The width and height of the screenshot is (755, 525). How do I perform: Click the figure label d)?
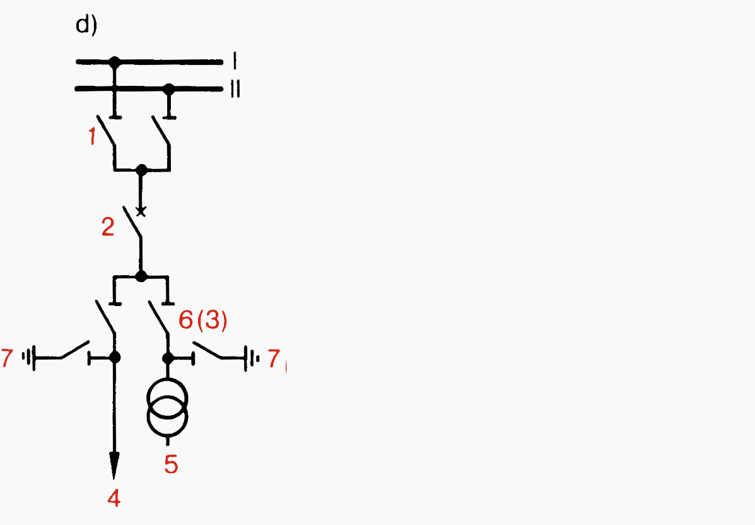click(x=86, y=25)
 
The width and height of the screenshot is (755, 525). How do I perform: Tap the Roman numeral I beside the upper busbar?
click(x=235, y=61)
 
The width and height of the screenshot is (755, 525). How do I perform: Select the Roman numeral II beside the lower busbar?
click(x=235, y=89)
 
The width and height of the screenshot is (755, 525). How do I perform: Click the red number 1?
click(x=93, y=136)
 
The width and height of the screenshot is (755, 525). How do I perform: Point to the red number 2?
click(x=108, y=227)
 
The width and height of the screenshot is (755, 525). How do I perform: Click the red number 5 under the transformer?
click(x=171, y=464)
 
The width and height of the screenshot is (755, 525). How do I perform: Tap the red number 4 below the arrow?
click(x=114, y=498)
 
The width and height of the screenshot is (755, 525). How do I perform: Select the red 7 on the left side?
click(x=7, y=358)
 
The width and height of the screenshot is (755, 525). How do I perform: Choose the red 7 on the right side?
click(x=274, y=358)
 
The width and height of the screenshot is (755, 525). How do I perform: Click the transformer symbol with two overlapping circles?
click(x=168, y=407)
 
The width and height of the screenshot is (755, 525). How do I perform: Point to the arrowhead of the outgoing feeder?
click(x=114, y=465)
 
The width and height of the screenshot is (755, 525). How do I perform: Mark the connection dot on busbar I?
click(x=114, y=62)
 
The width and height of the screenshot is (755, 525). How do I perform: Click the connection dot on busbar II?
click(x=168, y=89)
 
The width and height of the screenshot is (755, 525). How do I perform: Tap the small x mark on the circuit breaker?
click(x=141, y=211)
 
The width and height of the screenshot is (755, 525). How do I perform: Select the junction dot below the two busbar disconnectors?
click(x=141, y=170)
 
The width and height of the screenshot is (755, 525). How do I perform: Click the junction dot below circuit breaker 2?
click(x=141, y=276)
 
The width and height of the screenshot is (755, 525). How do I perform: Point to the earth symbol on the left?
click(x=29, y=358)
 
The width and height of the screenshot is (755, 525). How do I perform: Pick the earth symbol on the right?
click(x=252, y=358)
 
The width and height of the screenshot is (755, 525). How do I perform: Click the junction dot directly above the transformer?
click(x=168, y=358)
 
